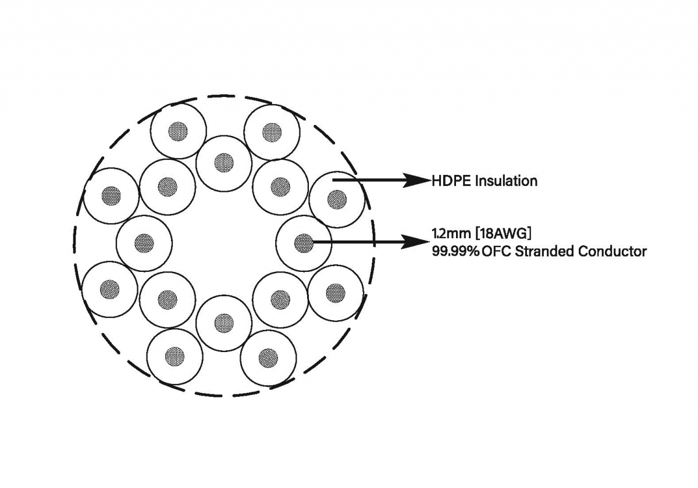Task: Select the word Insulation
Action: tap(507, 181)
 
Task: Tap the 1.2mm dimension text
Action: tap(451, 234)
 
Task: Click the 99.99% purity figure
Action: tap(455, 251)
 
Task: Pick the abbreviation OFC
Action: tap(496, 251)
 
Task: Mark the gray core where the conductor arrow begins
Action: tap(304, 243)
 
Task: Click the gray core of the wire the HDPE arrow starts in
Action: tap(337, 199)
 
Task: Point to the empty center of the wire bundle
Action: tap(224, 243)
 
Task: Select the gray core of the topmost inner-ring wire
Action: tap(224, 163)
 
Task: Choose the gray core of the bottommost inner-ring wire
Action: tap(224, 323)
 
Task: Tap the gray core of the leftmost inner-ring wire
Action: tap(144, 243)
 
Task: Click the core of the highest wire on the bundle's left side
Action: tap(178, 131)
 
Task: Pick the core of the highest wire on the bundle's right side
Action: tap(272, 132)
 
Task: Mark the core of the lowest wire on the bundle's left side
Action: tap(175, 356)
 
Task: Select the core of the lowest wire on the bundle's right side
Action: tap(268, 358)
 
